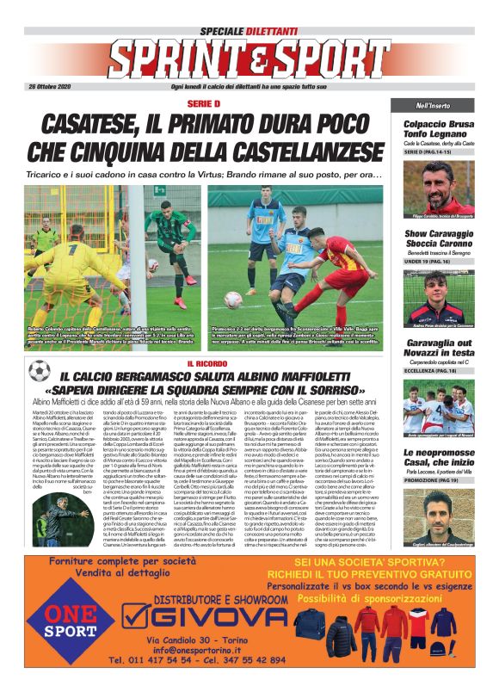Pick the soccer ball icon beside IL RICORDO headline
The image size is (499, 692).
point(40,371)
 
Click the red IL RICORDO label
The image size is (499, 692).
point(204,364)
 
